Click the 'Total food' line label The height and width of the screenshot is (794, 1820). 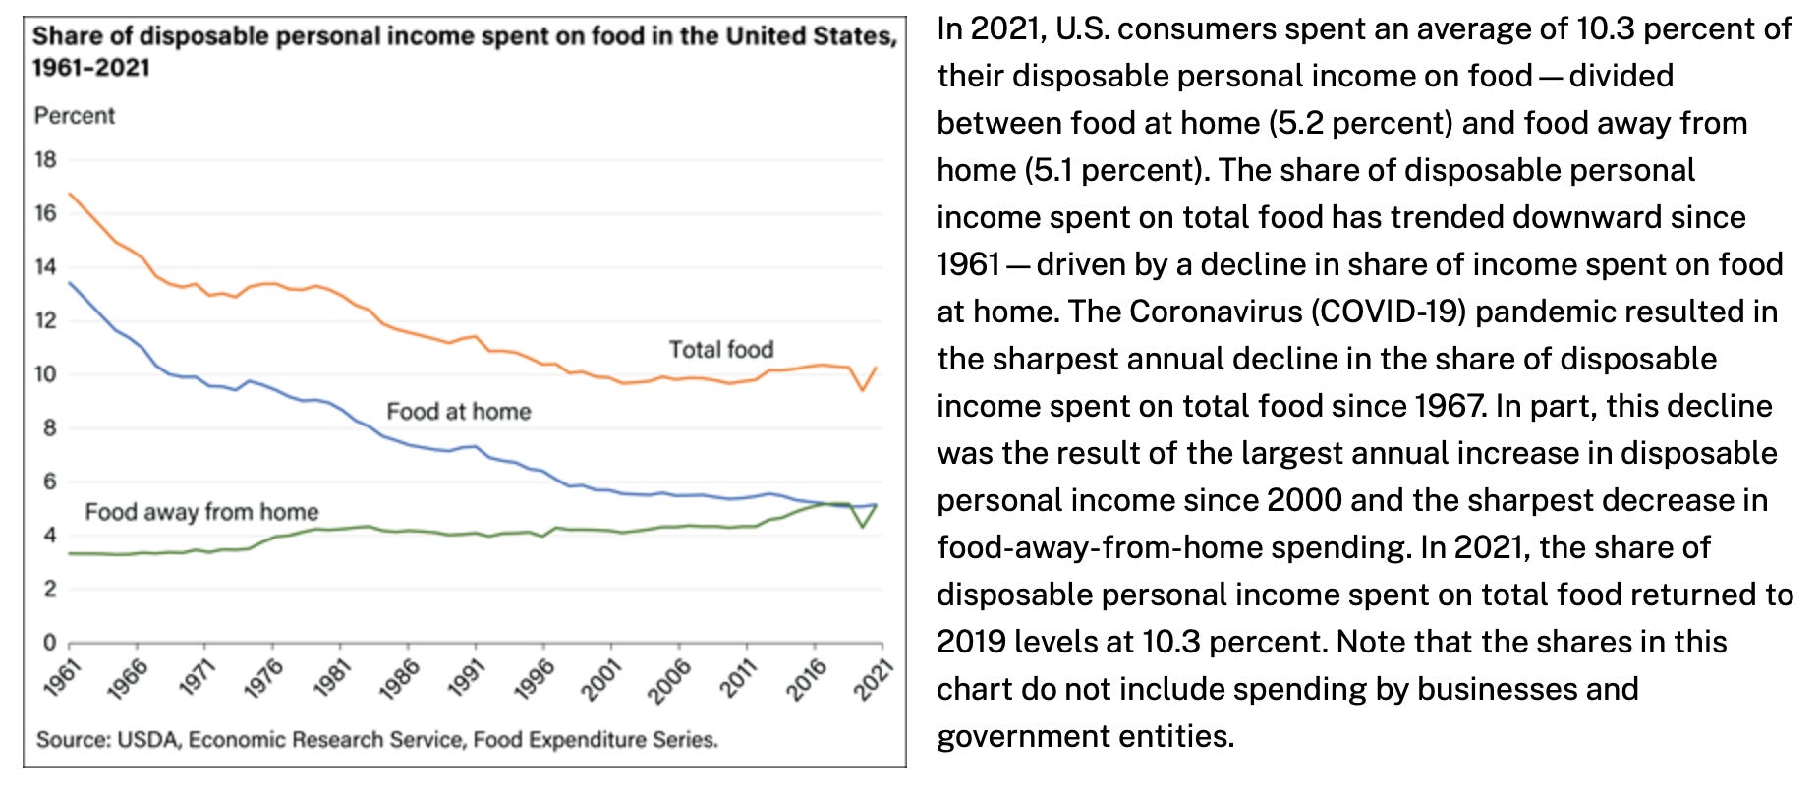pos(720,349)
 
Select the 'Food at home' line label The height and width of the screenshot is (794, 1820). pos(458,411)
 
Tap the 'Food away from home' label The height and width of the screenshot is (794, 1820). pos(201,511)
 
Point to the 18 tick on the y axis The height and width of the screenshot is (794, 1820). pos(45,159)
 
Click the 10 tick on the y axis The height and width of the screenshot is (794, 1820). pos(45,374)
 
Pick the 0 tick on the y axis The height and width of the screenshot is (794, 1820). pos(49,643)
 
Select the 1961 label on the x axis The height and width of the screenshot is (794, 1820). pos(61,678)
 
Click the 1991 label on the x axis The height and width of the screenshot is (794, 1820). pos(467,678)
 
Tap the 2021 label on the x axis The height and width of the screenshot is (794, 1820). pos(873,679)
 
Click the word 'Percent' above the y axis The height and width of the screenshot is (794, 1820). pos(74,116)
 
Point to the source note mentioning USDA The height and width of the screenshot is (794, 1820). pos(376,739)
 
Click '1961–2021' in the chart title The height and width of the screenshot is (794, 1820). pos(90,68)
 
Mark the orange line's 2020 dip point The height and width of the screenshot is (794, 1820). pos(862,390)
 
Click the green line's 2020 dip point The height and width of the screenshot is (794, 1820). pos(862,527)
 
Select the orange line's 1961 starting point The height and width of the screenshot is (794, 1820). pos(69,195)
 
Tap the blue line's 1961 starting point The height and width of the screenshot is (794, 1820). pos(69,283)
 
